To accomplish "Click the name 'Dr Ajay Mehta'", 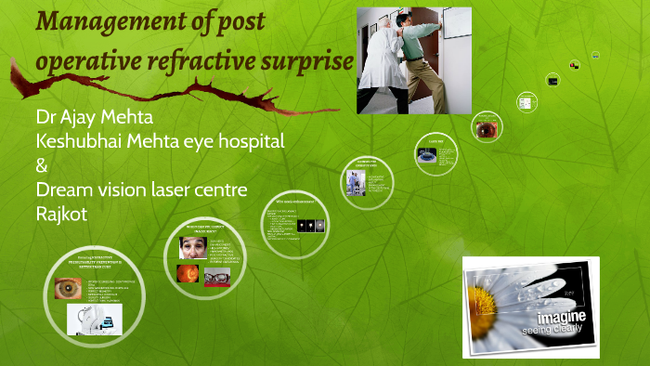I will click(x=93, y=119).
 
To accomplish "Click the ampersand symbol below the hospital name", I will click(x=41, y=166).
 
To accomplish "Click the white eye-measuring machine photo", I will click(x=96, y=320).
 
